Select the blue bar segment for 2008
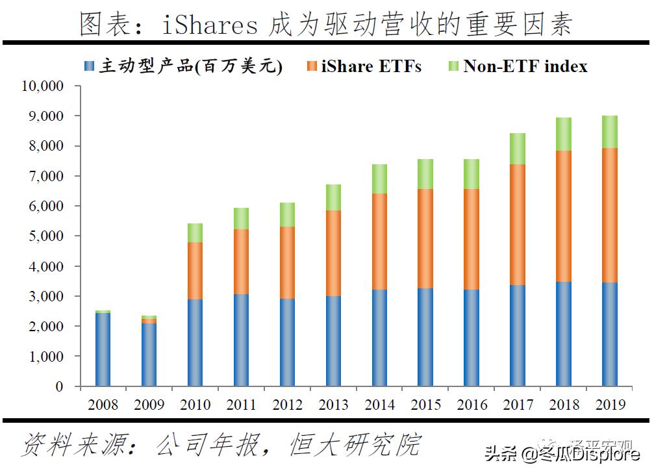pos(103,349)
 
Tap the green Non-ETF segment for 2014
pos(379,179)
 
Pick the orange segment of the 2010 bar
pos(195,271)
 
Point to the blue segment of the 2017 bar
pos(517,335)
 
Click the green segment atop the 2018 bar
pos(563,134)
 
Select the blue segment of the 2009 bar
pos(149,355)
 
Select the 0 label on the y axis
pos(60,387)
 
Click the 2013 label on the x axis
pos(333,405)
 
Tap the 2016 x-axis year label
pos(472,405)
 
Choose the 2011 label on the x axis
pos(241,405)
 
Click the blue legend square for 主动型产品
pos(90,66)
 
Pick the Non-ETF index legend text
pos(525,66)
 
